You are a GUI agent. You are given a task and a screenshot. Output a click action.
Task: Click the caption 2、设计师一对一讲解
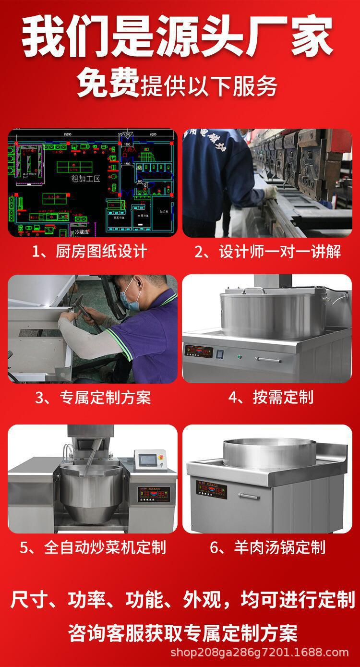(267, 251)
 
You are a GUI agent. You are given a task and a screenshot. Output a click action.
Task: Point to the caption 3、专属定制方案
(93, 397)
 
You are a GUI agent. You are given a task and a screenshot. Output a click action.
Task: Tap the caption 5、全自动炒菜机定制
(93, 547)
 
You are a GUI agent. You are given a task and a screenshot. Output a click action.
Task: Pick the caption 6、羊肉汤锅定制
(268, 547)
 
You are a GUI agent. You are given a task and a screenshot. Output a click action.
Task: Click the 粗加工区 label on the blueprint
(85, 179)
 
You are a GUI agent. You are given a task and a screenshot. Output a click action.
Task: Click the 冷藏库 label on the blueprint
(83, 232)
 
